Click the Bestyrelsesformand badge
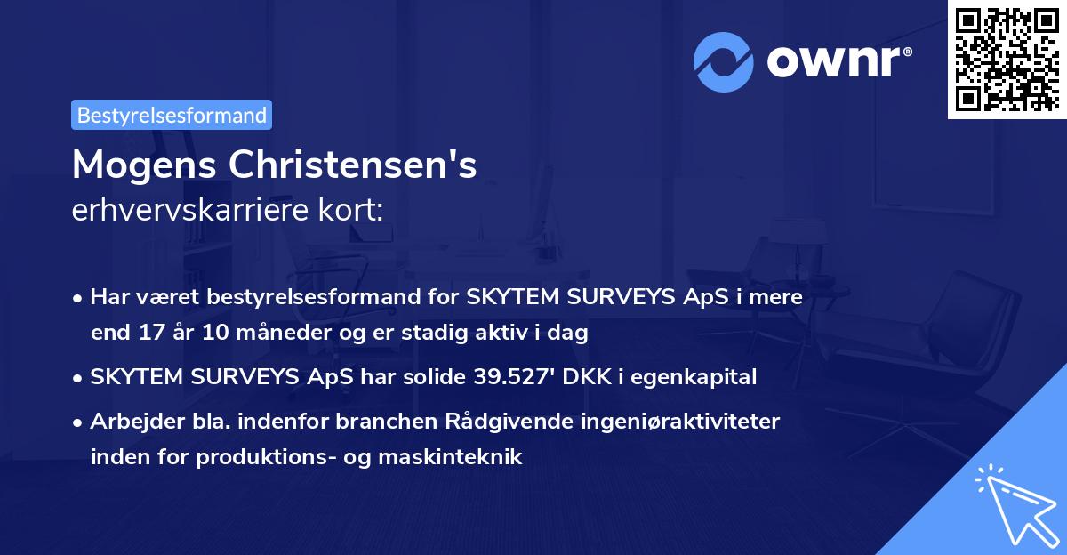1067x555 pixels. (x=172, y=115)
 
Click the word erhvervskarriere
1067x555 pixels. (x=197, y=211)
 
